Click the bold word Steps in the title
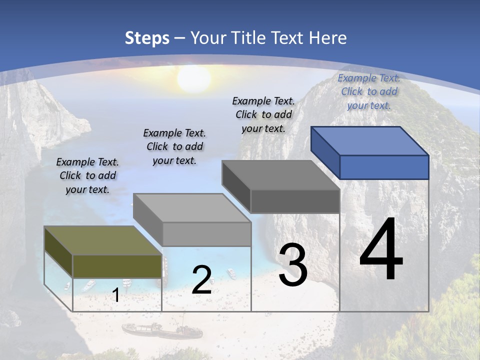(x=147, y=38)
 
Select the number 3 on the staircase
(x=293, y=265)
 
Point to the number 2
(x=201, y=280)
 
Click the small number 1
(x=115, y=295)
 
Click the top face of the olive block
(x=102, y=240)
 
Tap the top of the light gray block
(x=192, y=208)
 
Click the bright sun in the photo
(x=193, y=78)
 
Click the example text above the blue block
(x=369, y=91)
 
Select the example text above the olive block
(x=87, y=175)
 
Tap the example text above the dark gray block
(x=263, y=114)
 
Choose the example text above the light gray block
(x=174, y=146)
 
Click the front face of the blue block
(x=384, y=167)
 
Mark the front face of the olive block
(x=117, y=266)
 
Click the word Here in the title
(x=328, y=38)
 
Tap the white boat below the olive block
(x=88, y=285)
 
